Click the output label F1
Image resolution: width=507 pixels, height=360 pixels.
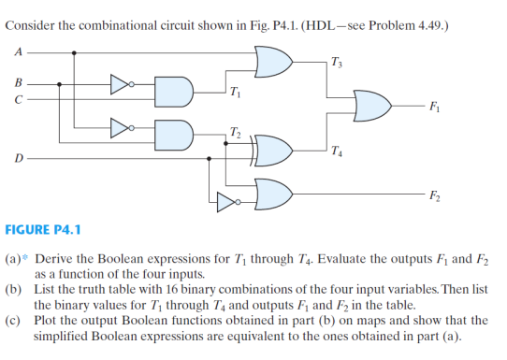point(436,106)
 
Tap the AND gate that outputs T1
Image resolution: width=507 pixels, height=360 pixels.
point(175,90)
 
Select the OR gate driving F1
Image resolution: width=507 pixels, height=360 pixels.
point(372,105)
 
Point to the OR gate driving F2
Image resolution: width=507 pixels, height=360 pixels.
point(275,193)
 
